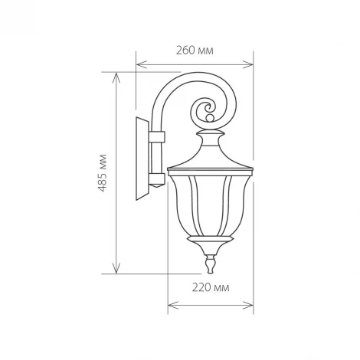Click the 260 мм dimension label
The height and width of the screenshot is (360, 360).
tap(195, 51)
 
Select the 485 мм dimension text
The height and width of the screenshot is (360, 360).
tap(103, 173)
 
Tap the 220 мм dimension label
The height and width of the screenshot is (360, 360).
tap(211, 288)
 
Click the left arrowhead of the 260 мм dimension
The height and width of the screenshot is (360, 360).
tap(142, 64)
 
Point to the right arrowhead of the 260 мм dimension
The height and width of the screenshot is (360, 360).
tap(247, 64)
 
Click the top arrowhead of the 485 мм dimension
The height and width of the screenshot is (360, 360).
tap(116, 78)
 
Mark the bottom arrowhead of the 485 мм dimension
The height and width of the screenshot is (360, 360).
tap(116, 268)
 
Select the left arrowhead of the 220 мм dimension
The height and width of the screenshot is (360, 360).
tap(173, 305)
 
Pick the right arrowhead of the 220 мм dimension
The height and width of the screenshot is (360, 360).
tap(248, 305)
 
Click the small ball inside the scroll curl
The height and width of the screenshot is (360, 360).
tap(210, 118)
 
